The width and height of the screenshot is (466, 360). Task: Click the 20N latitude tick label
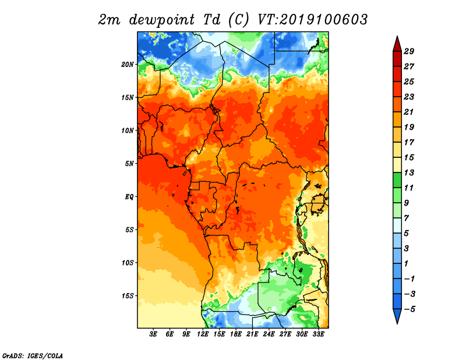click(128, 65)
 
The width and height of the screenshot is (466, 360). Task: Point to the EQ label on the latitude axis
click(129, 197)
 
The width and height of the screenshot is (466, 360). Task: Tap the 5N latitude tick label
click(129, 164)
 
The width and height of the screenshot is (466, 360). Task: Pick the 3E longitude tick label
click(153, 334)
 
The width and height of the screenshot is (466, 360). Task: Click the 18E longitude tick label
click(236, 334)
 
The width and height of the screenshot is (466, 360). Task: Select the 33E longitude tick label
click(318, 334)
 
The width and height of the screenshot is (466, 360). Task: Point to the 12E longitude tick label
click(203, 334)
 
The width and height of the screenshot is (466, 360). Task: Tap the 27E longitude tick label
click(285, 334)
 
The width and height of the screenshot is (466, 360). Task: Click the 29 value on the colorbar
click(409, 51)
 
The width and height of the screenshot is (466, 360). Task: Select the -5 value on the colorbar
click(409, 309)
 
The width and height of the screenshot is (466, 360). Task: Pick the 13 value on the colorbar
click(409, 172)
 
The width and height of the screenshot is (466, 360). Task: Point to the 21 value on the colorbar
click(409, 112)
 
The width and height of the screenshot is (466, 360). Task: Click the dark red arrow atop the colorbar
click(397, 44)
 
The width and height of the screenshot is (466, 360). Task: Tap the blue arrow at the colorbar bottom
click(397, 316)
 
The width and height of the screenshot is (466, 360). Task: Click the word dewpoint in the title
click(162, 20)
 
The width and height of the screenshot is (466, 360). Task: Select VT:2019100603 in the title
click(313, 20)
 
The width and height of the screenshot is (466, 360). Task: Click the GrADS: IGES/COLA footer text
click(33, 356)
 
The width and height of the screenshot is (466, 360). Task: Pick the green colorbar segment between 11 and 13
click(397, 180)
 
